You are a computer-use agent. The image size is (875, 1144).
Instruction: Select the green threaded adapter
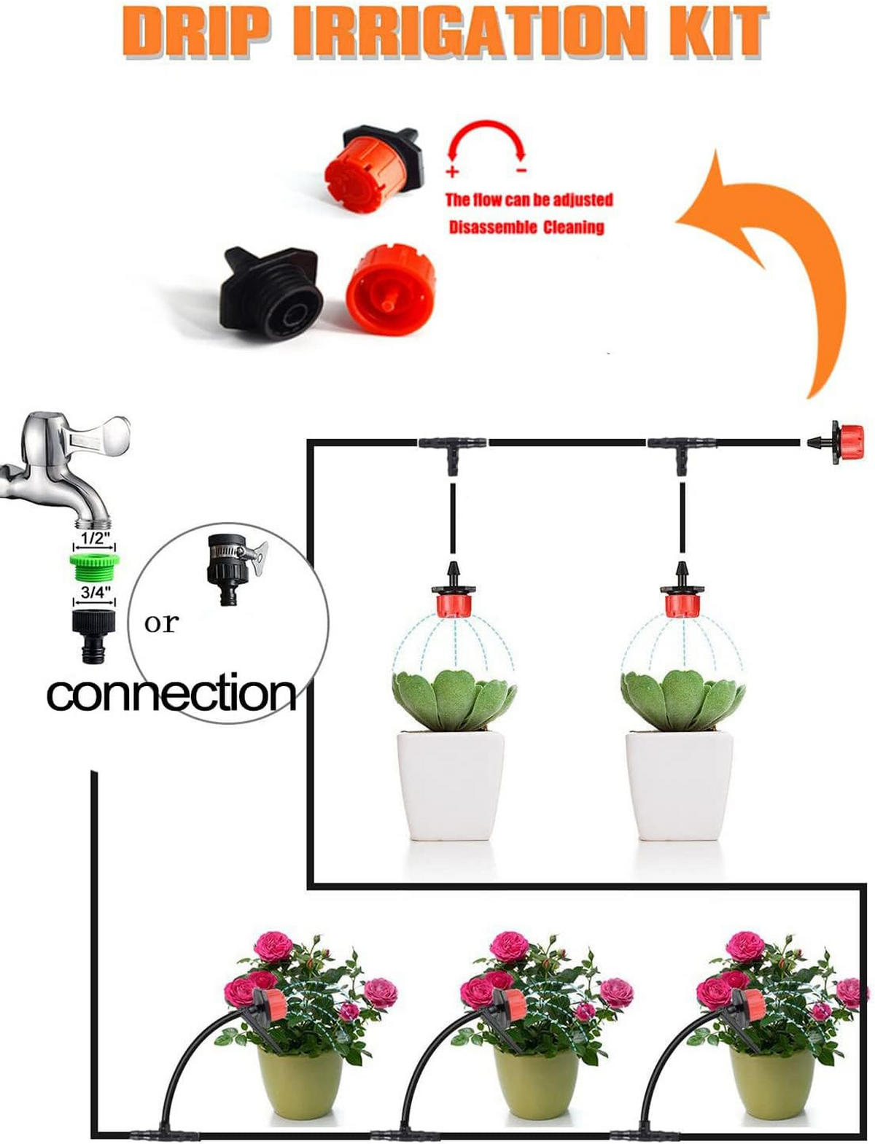pos(94,567)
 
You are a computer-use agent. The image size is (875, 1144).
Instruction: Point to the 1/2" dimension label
pos(94,538)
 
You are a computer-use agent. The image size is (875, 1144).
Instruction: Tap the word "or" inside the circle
pos(161,623)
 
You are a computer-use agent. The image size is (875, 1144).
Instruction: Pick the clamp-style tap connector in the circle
pos(235,569)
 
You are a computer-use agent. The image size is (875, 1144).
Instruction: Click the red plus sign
pos(452,171)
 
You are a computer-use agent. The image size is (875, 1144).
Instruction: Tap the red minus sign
pos(521,170)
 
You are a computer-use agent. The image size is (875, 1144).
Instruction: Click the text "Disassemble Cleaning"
pos(526,227)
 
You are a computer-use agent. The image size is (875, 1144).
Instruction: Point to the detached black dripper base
pos(271,293)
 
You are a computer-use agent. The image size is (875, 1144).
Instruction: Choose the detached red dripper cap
pos(391,289)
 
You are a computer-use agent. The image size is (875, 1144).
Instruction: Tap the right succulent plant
pos(682,699)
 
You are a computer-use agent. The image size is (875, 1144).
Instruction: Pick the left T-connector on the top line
pos(452,448)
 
